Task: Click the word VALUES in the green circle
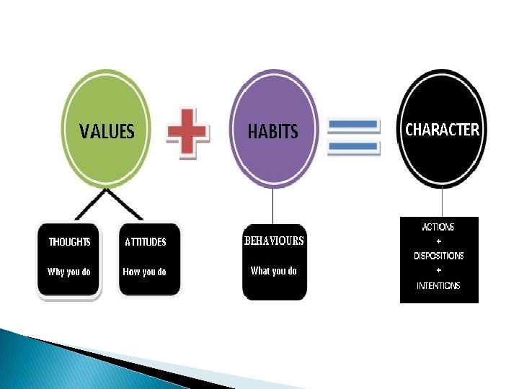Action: tap(107, 132)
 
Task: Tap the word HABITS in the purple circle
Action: tap(272, 132)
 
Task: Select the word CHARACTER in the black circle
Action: tap(442, 130)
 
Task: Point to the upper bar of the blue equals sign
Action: tap(353, 125)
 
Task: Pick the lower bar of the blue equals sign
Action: tap(353, 146)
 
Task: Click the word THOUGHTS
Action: tap(69, 242)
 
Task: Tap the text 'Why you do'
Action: tap(69, 272)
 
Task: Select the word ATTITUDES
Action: tap(146, 242)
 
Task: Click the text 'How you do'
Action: tap(145, 272)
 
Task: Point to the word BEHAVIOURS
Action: tap(274, 241)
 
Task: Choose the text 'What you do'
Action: tap(273, 271)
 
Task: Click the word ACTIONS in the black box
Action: tap(438, 227)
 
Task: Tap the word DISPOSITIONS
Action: tap(438, 256)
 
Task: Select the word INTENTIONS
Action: tap(438, 285)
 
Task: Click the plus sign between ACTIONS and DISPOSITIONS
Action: tap(438, 241)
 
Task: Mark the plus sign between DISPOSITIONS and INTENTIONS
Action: tap(438, 270)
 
